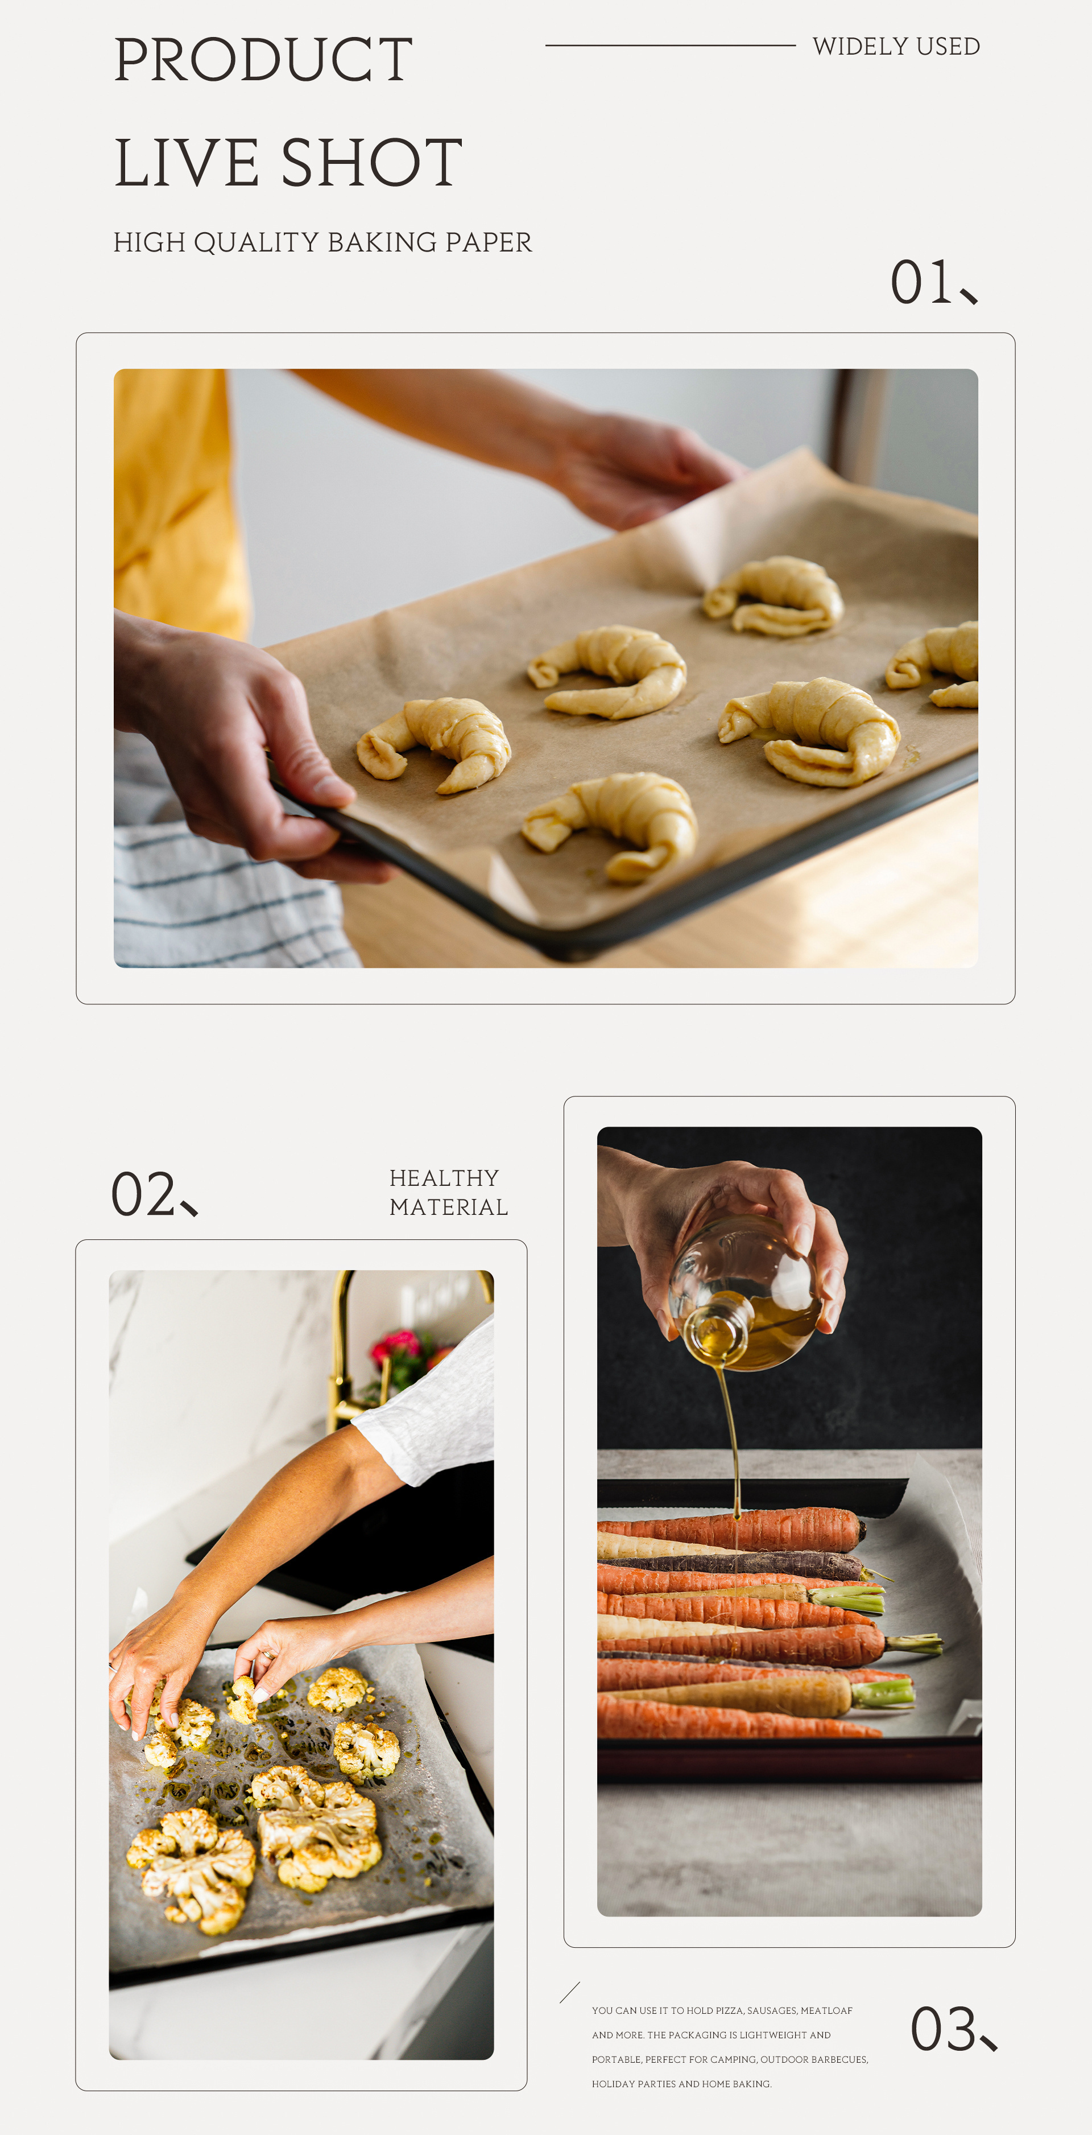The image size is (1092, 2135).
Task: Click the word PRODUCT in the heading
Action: click(x=263, y=60)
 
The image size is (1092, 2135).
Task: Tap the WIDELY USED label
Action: click(x=896, y=47)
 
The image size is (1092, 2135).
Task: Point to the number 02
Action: click(x=143, y=1194)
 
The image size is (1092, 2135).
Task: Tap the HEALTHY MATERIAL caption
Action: click(x=448, y=1193)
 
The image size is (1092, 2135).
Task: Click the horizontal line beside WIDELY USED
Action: click(x=671, y=46)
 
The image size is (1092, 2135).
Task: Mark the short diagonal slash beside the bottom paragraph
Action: click(x=570, y=1992)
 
